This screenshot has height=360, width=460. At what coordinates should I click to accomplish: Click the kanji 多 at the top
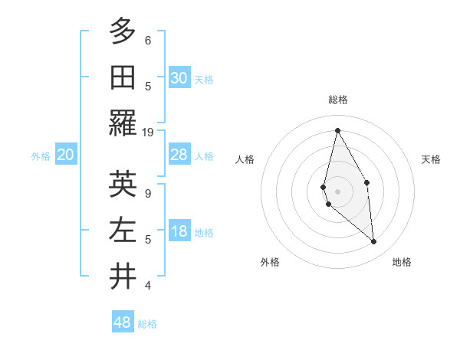tap(123, 31)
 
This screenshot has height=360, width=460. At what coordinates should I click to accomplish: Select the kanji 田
tap(123, 77)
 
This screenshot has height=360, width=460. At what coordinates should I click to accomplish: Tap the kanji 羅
tap(123, 123)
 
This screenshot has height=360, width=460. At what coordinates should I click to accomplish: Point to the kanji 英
tap(123, 184)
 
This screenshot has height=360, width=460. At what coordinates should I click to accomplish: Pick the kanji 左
tap(123, 230)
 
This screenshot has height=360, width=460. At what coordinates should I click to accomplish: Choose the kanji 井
tap(123, 277)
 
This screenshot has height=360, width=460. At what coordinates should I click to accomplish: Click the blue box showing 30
tap(179, 78)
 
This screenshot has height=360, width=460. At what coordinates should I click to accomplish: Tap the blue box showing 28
tap(179, 155)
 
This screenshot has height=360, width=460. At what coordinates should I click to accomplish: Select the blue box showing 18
tap(179, 232)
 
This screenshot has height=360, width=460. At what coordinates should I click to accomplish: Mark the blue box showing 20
tap(66, 155)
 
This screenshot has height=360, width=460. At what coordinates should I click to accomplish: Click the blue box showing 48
tap(123, 322)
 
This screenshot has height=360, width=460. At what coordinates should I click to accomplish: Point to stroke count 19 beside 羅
tap(148, 132)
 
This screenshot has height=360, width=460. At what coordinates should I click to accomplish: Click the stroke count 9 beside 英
tap(148, 193)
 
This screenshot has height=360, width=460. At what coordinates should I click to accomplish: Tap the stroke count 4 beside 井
tap(148, 286)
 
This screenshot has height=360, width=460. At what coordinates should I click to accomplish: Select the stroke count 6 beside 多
tap(148, 40)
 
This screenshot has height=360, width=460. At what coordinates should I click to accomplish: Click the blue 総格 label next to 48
tap(147, 324)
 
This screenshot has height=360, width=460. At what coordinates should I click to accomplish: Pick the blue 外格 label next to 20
tap(41, 156)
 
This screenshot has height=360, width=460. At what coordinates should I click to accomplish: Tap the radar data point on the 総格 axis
tap(337, 129)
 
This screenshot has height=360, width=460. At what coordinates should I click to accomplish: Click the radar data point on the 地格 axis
tap(374, 242)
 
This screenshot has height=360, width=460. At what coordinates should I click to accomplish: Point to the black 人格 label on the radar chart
tap(245, 159)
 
